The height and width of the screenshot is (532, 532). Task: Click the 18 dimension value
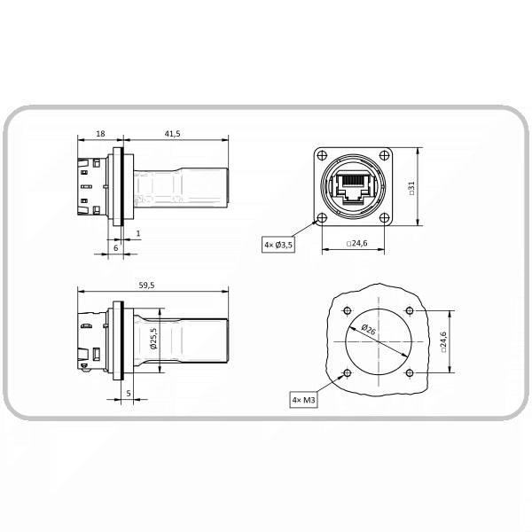coord(100,134)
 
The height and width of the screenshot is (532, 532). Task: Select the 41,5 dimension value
coord(172,134)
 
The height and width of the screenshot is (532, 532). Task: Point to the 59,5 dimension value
coord(146,286)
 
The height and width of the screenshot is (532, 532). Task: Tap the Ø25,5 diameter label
coord(153,339)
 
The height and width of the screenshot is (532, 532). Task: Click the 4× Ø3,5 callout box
coord(278,245)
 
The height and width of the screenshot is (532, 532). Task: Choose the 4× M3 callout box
coord(303,400)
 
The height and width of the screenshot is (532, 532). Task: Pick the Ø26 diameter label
coord(369,329)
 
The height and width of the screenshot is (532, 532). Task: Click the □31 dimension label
coord(411,188)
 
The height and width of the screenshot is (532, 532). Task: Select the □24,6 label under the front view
coord(357,243)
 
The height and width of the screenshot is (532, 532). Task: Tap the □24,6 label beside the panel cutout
coord(443,342)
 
